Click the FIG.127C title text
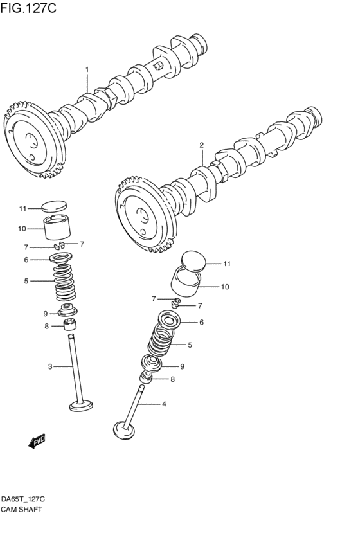(x=28, y=9)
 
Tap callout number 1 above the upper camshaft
(x=87, y=69)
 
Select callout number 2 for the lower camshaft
(x=201, y=145)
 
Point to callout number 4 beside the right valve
(x=164, y=404)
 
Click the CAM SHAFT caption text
(x=22, y=509)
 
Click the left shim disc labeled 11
(x=54, y=207)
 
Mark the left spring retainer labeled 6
(x=62, y=259)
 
